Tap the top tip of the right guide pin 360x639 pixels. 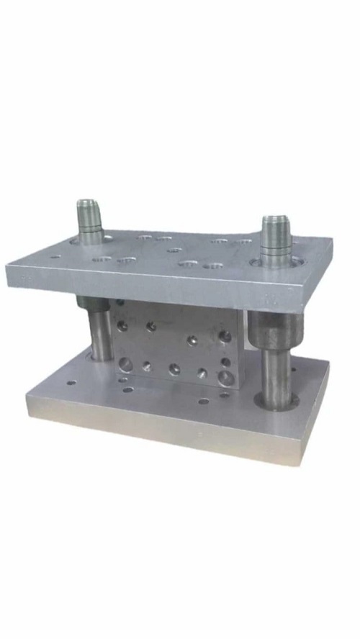[274, 219]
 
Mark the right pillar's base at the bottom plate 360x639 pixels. [277, 403]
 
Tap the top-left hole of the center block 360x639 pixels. [123, 325]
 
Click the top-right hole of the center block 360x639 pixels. [225, 336]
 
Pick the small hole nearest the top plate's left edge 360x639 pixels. [54, 256]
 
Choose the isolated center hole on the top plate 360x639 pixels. [174, 250]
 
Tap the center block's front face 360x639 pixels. [176, 349]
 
